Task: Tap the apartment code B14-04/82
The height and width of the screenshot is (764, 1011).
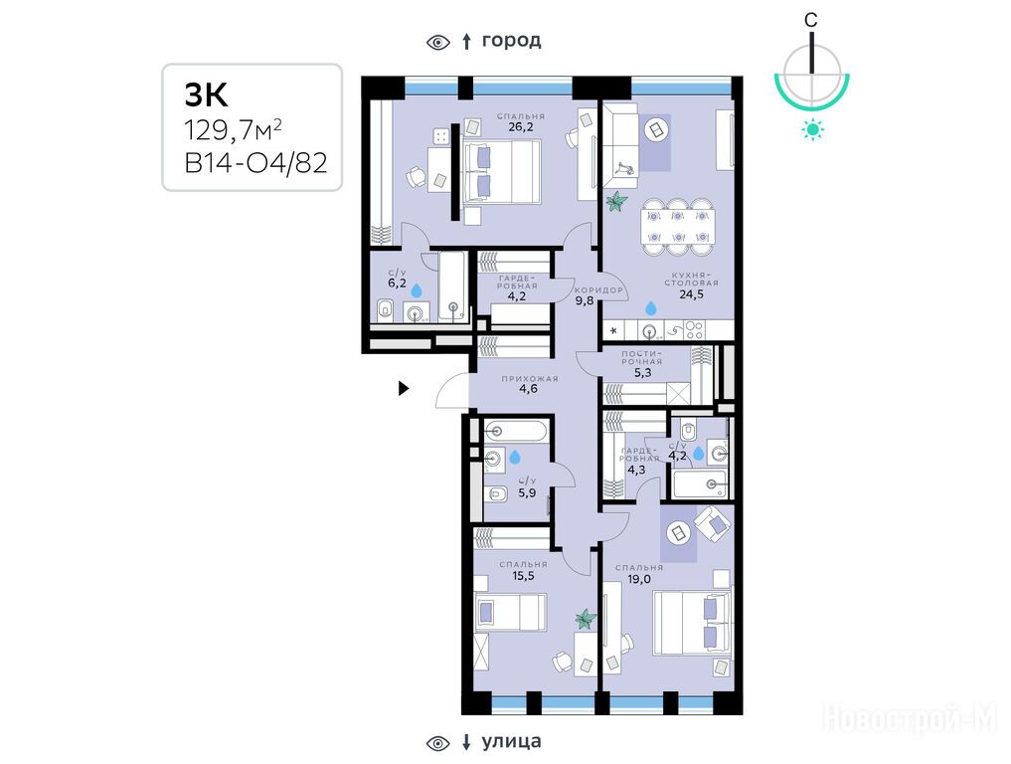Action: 255,163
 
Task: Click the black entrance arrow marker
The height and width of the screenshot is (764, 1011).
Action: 404,388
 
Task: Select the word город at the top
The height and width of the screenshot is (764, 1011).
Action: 511,41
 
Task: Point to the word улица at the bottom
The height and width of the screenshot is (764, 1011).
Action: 511,741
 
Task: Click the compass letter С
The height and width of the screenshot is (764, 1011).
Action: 810,20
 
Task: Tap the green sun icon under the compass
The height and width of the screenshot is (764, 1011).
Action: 812,129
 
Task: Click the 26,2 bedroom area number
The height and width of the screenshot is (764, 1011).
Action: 520,127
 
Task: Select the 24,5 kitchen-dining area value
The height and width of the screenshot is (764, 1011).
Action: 691,294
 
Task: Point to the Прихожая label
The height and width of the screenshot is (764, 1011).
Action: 530,379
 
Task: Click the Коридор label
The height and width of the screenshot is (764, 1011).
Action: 599,289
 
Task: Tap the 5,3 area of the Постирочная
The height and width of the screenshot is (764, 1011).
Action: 642,372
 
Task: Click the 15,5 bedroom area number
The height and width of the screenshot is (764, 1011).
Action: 523,576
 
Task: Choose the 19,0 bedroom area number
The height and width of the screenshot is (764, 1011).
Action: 639,579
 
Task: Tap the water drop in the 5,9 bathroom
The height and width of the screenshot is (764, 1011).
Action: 515,458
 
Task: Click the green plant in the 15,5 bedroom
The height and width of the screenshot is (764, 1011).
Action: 586,620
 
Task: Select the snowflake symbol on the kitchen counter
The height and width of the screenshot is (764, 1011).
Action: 613,331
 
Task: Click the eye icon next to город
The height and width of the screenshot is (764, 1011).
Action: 438,43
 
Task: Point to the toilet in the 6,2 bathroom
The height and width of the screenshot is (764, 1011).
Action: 386,310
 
